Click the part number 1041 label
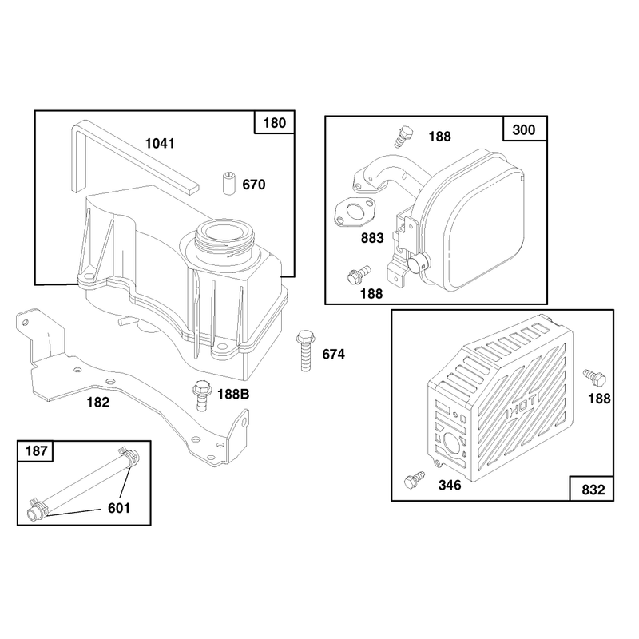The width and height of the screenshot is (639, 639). [x=160, y=144]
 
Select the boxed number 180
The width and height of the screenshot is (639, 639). [x=274, y=123]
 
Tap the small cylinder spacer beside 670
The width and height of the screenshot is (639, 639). [x=229, y=184]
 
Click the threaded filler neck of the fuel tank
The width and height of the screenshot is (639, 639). [x=225, y=241]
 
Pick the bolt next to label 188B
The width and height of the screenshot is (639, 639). [x=202, y=395]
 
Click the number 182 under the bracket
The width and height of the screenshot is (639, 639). [x=97, y=403]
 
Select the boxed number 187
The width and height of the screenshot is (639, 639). [x=36, y=451]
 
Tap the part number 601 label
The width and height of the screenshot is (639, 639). [x=118, y=508]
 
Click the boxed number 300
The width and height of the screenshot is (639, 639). [x=524, y=129]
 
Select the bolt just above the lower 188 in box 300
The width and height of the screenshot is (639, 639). [x=359, y=274]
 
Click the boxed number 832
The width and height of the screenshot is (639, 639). [x=593, y=490]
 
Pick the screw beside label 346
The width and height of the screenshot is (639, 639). [x=414, y=480]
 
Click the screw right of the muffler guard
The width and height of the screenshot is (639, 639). [x=594, y=378]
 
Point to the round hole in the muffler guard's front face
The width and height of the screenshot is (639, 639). [x=452, y=444]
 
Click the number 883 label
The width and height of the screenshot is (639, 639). [x=372, y=238]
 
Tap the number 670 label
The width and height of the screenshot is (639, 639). [x=253, y=185]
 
